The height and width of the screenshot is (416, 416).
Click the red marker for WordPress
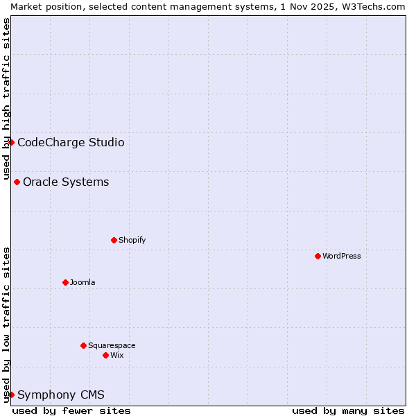coord(318,256)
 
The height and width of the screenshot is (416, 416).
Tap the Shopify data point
coord(114,240)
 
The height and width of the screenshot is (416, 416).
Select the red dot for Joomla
coord(65,282)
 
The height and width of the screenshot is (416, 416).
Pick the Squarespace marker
coord(83,345)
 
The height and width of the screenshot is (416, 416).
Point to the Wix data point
coord(105,355)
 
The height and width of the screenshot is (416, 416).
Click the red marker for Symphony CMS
coord(11,395)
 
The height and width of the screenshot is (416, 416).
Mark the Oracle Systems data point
coord(17,182)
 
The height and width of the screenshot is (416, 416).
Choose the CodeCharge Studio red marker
coord(11,142)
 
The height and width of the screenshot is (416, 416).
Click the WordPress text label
coord(342,256)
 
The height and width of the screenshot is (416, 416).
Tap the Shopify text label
coord(132,240)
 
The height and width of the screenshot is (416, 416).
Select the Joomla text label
coord(83,282)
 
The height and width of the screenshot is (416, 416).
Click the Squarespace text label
coord(112,345)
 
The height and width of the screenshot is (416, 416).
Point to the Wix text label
coord(117,355)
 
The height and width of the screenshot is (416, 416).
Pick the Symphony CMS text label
coord(61,395)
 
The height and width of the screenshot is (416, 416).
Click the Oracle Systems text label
coord(66,182)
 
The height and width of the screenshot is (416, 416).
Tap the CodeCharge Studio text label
coord(71,143)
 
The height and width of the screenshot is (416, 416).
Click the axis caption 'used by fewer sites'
coord(71,410)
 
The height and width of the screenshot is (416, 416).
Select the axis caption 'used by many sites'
coord(348,410)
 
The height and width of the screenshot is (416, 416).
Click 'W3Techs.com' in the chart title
coord(377,6)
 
